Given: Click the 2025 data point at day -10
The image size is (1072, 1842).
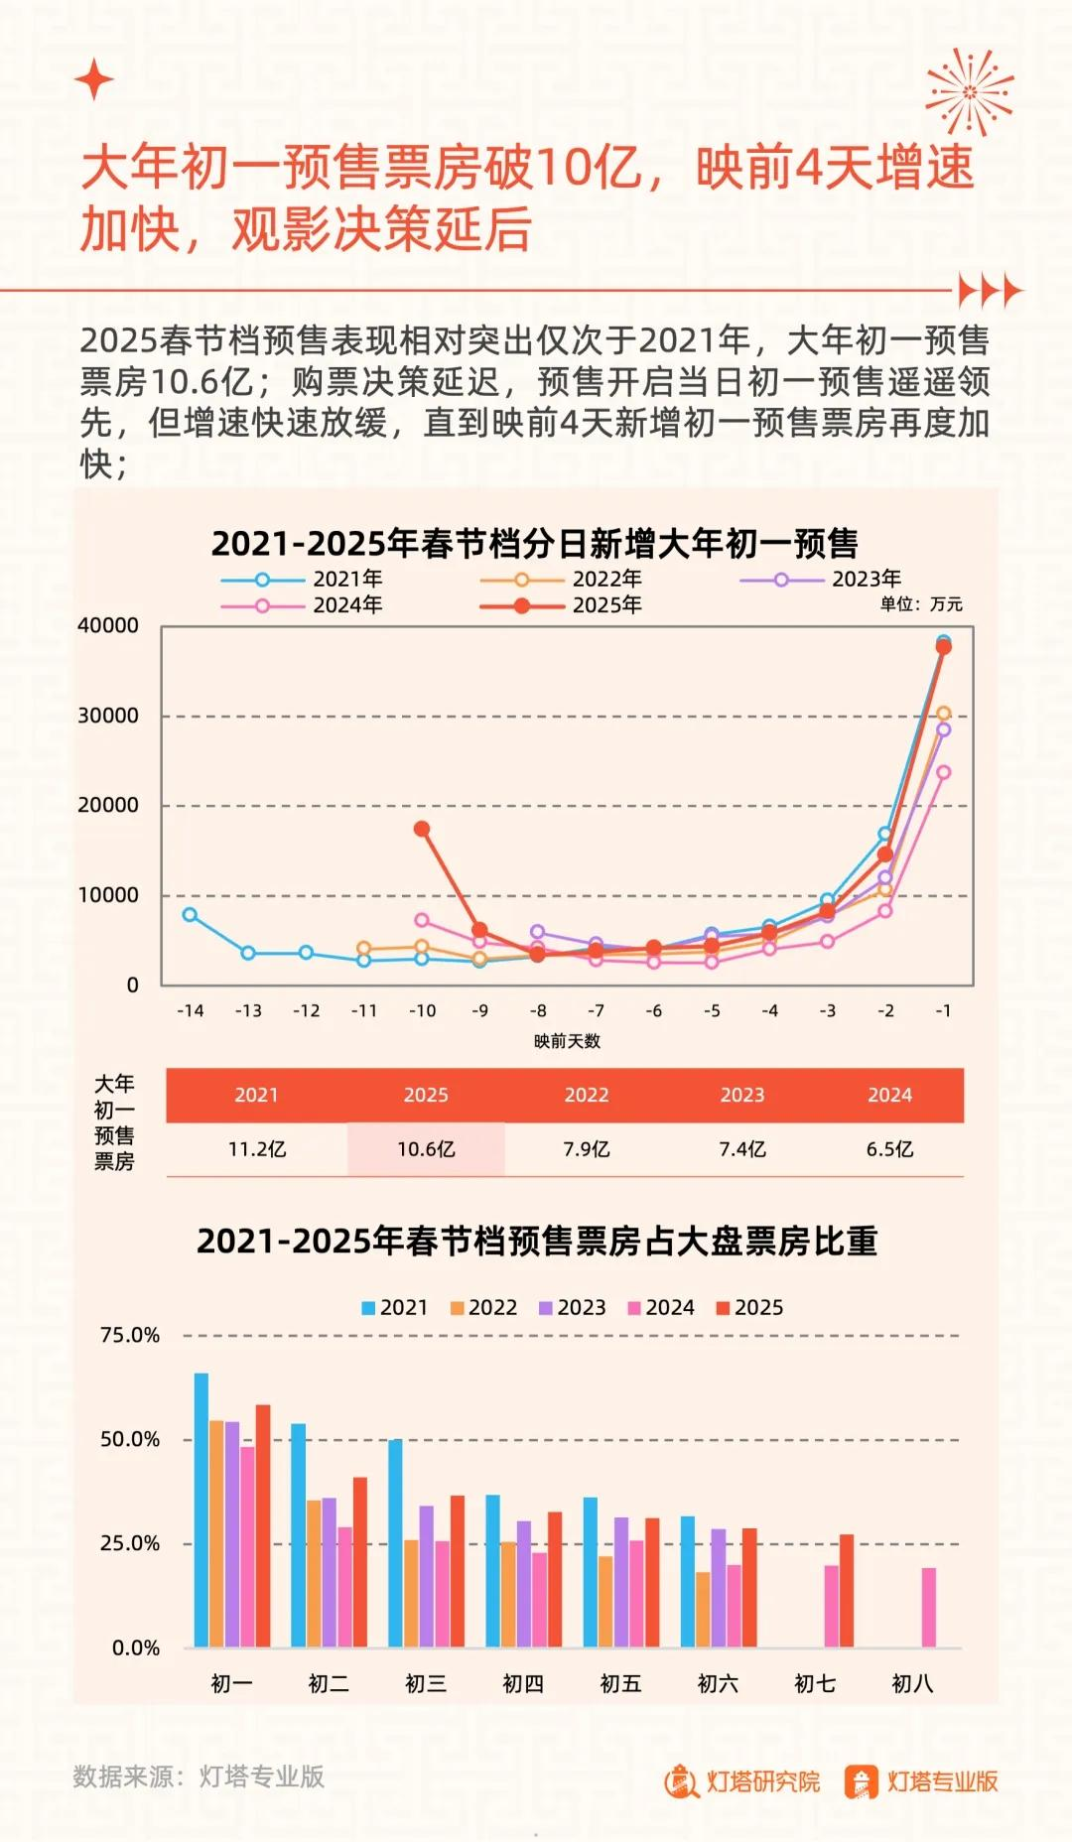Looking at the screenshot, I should (x=422, y=829).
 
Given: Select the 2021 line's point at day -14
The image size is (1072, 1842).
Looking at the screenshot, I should (x=190, y=914).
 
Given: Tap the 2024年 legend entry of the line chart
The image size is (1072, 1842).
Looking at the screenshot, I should (x=303, y=604).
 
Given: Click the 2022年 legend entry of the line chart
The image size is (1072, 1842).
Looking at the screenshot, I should (x=562, y=579).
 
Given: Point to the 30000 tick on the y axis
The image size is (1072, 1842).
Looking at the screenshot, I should (x=108, y=716).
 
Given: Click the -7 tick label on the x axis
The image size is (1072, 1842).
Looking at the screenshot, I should (x=596, y=1010).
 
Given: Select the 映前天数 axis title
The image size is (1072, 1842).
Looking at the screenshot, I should (x=567, y=1041).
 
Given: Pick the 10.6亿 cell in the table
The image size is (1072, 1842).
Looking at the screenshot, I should (x=426, y=1149).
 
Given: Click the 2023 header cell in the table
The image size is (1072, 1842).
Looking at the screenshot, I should (x=741, y=1095).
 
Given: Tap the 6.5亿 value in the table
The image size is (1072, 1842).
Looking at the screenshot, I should (x=889, y=1149).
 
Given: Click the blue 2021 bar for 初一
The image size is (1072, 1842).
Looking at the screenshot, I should (x=201, y=1510).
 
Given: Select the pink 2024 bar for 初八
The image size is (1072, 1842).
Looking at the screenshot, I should (x=928, y=1607).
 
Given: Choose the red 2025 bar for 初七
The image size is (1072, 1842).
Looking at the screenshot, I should (x=847, y=1590).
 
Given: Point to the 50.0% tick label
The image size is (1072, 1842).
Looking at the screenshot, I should (x=130, y=1439).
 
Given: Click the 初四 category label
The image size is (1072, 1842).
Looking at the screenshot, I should (x=523, y=1683).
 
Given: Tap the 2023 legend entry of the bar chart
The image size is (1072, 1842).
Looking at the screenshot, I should (x=572, y=1307).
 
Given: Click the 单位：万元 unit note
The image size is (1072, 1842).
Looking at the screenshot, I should (x=920, y=604).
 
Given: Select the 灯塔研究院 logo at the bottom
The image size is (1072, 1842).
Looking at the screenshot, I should (x=742, y=1781).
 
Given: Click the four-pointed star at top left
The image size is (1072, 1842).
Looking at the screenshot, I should (x=94, y=79).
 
